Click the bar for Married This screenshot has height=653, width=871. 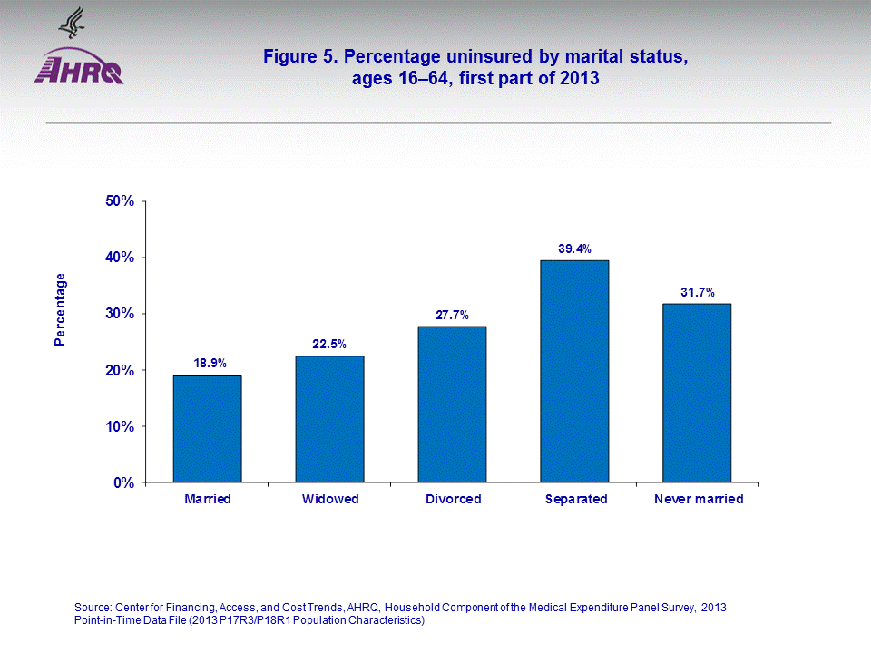[207, 429]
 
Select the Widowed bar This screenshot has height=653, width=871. [329, 419]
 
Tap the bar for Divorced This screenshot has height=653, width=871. [452, 404]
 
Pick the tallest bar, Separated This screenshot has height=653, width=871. [574, 371]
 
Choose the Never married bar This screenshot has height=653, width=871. [697, 393]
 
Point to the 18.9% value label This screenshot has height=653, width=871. [208, 363]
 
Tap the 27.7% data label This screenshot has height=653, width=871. [452, 314]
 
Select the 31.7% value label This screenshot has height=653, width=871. [697, 291]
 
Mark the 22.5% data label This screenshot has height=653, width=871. [330, 343]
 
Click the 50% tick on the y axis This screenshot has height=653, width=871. [120, 201]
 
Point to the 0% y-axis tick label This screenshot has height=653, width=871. [123, 482]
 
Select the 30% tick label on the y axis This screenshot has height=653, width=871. [120, 314]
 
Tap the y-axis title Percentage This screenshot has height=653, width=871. [60, 309]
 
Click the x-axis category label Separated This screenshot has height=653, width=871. [575, 500]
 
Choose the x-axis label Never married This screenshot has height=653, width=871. [698, 500]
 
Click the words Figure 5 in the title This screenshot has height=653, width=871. [297, 57]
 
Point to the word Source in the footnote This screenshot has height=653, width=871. [92, 607]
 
